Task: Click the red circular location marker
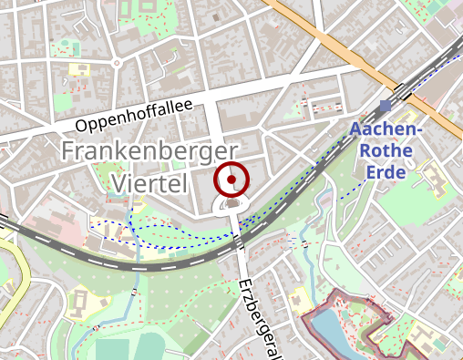point(231,180)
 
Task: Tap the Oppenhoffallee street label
point(134,116)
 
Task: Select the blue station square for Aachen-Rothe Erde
point(385,106)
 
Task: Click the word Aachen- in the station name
point(386,130)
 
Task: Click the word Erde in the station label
point(386,171)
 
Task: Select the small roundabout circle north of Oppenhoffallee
point(117,62)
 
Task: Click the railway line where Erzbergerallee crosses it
point(239,244)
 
